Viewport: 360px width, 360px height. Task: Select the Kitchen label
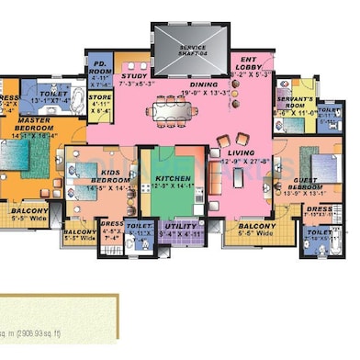point(174,180)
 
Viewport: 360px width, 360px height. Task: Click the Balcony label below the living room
point(251,226)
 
